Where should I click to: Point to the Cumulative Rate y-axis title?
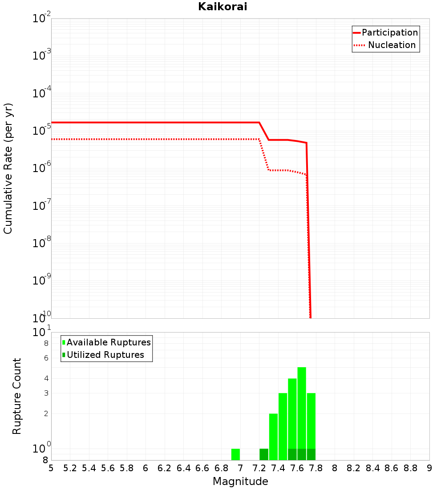(8, 168)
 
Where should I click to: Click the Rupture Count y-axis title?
(17, 396)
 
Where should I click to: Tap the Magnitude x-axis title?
(240, 481)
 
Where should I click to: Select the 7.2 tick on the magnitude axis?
(259, 468)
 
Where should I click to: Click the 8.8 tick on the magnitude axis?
(410, 468)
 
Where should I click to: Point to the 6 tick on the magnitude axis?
(146, 468)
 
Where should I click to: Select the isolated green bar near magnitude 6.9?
(235, 454)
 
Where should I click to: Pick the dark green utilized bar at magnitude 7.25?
(264, 454)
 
